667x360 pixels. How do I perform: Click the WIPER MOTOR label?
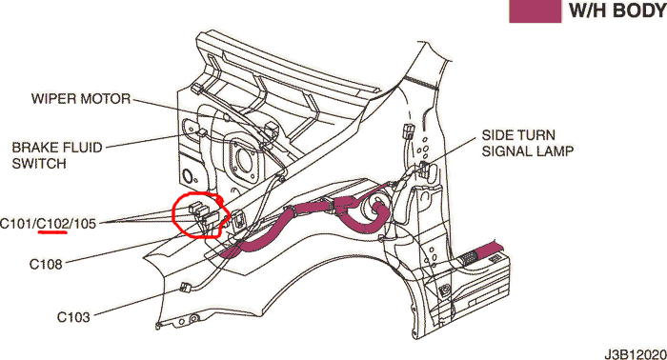[x=81, y=99]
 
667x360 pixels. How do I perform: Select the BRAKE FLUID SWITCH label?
[x=57, y=155]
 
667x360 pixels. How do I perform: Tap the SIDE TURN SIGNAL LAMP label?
[x=528, y=143]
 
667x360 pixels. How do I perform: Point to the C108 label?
[x=46, y=265]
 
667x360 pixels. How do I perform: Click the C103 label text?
[x=73, y=317]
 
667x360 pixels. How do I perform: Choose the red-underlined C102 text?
[x=52, y=223]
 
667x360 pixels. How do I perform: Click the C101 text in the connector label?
[x=16, y=223]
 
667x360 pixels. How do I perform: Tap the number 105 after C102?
[x=84, y=223]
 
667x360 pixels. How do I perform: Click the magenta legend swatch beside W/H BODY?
[x=536, y=10]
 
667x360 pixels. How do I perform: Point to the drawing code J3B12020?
[x=636, y=353]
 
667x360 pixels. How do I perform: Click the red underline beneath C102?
[x=52, y=233]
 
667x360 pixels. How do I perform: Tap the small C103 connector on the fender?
[x=185, y=287]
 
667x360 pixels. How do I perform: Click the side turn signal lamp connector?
[x=426, y=169]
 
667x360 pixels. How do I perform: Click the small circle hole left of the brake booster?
[x=188, y=175]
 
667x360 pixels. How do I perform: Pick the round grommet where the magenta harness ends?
[x=374, y=210]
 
